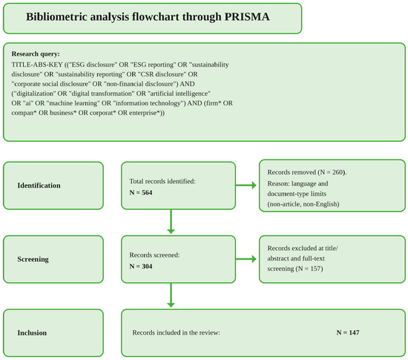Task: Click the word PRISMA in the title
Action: click(247, 17)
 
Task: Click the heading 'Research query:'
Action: click(36, 54)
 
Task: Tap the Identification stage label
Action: click(39, 186)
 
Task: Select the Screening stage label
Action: click(33, 259)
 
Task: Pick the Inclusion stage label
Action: click(32, 333)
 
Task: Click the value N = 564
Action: click(141, 193)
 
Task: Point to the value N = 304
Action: click(141, 266)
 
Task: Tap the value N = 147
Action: click(348, 333)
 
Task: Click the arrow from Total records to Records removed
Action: click(246, 186)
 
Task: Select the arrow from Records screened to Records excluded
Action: click(246, 259)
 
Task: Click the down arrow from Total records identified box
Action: click(171, 221)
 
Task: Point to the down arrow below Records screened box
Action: click(171, 295)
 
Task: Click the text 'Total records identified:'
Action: click(162, 181)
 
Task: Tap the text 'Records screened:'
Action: click(154, 255)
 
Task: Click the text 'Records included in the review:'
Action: click(176, 333)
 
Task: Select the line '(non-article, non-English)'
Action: click(303, 204)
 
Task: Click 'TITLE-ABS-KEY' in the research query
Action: click(37, 65)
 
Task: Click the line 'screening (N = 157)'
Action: click(295, 269)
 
